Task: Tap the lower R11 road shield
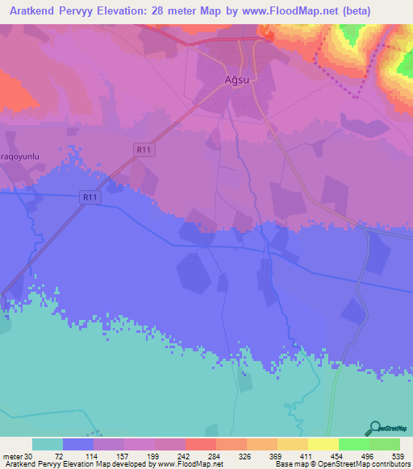point(89,197)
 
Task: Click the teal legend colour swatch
point(48,444)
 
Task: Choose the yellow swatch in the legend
point(323,444)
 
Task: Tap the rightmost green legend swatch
point(384,444)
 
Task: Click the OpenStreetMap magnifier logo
point(373,428)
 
